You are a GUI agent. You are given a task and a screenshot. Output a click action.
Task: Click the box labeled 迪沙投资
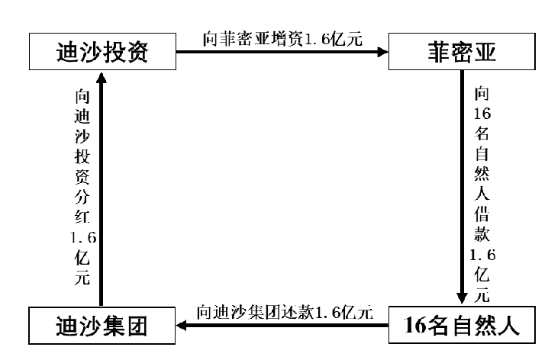pos(102,52)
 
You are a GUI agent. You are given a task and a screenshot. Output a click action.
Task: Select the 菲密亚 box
pos(462,52)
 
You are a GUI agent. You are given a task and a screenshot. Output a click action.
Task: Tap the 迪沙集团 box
pos(102,326)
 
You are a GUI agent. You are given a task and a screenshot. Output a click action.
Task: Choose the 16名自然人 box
pos(462,325)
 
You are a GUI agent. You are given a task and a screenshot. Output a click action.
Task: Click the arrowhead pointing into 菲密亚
pos(383,52)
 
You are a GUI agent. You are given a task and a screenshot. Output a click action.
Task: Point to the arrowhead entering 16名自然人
pos(462,297)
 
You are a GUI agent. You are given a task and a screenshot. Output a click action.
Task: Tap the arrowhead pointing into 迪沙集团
pos(182,326)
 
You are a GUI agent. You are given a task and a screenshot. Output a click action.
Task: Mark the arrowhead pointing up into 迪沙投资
pos(102,78)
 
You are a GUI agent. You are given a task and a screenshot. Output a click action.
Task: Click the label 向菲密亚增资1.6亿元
pos(282,39)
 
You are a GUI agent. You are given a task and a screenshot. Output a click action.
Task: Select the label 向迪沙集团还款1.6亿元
pos(285,312)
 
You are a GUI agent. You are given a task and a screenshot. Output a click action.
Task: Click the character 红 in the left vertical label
pos(82,217)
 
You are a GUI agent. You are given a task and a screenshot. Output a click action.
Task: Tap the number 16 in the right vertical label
pos(482,114)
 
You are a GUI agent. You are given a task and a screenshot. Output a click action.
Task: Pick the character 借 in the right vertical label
pos(482,214)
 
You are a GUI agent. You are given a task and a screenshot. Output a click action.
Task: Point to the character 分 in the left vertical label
pos(82,197)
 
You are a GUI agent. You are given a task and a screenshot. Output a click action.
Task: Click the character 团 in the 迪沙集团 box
pos(137,326)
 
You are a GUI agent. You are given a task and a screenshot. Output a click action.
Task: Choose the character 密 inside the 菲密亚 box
pos(462,52)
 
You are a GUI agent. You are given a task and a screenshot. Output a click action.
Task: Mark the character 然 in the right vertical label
pos(482,174)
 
